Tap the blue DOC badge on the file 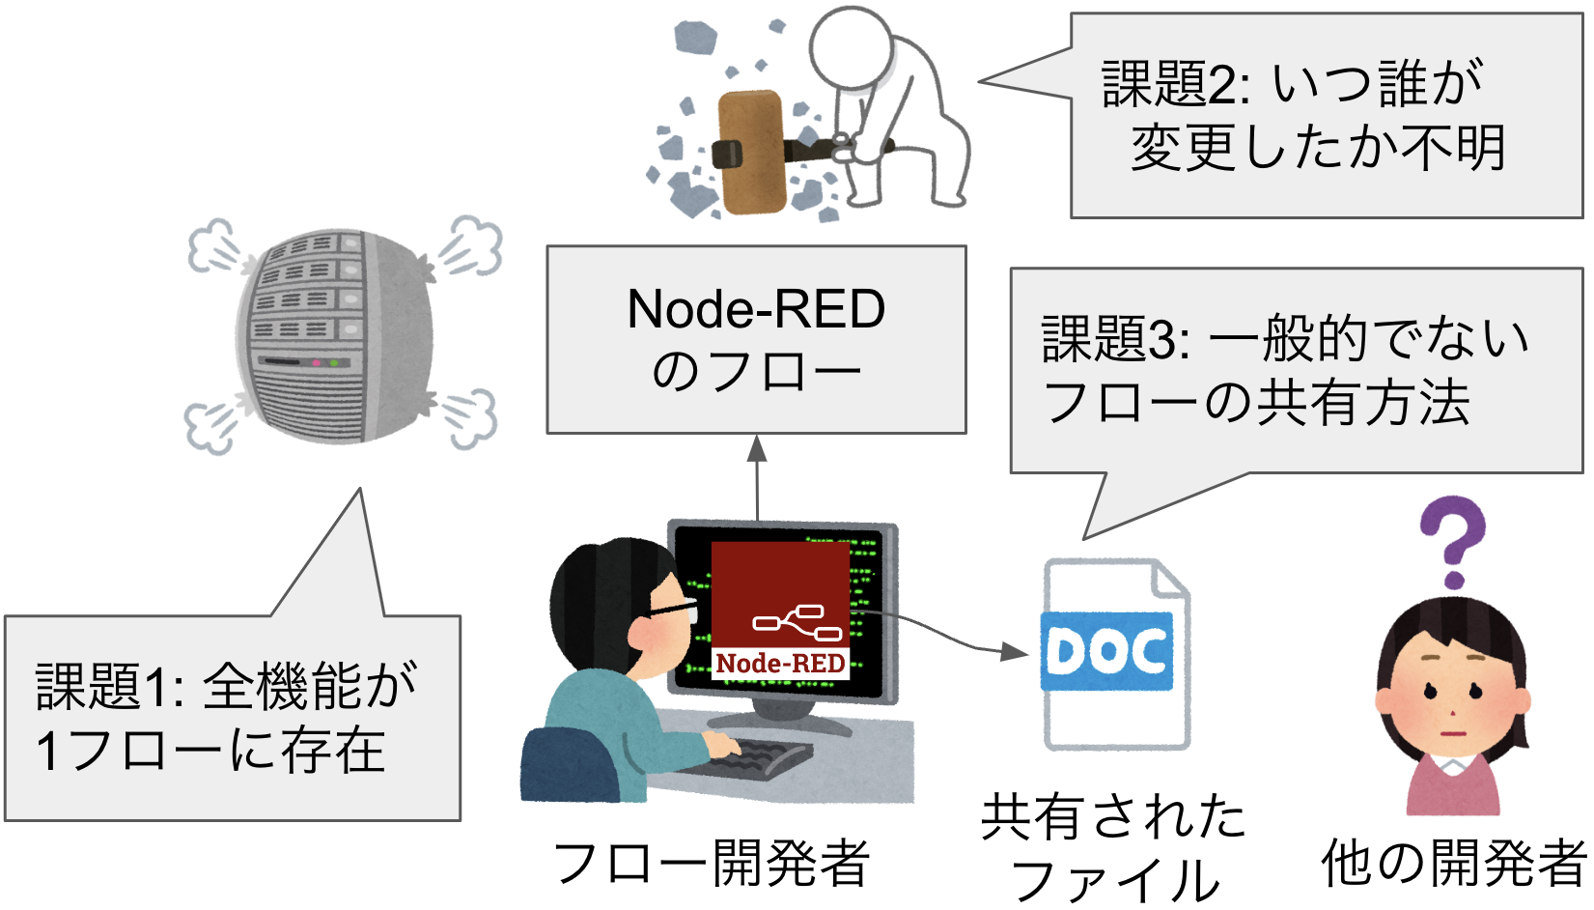(1106, 651)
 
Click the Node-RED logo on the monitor (780, 610)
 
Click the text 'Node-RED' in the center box (756, 309)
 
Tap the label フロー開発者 (712, 863)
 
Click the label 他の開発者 (1453, 863)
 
